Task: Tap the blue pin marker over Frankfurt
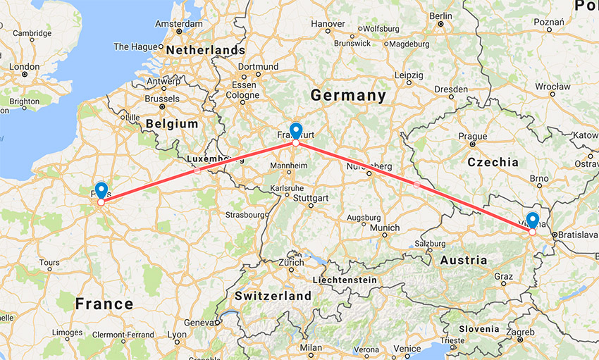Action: coord(296,130)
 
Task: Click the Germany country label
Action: coord(348,95)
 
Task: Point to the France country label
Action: coord(104,304)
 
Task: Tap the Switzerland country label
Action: coord(273,296)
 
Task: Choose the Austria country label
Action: coord(463,260)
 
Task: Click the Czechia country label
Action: coord(493,162)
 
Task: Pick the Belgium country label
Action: coord(172,124)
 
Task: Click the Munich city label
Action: coord(385,228)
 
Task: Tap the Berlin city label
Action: coord(440,15)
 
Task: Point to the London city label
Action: coord(25,68)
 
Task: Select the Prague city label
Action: coord(472,136)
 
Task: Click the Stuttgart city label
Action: coord(311,199)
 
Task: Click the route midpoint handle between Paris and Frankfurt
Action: coord(197,170)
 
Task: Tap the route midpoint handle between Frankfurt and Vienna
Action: coord(416,185)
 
